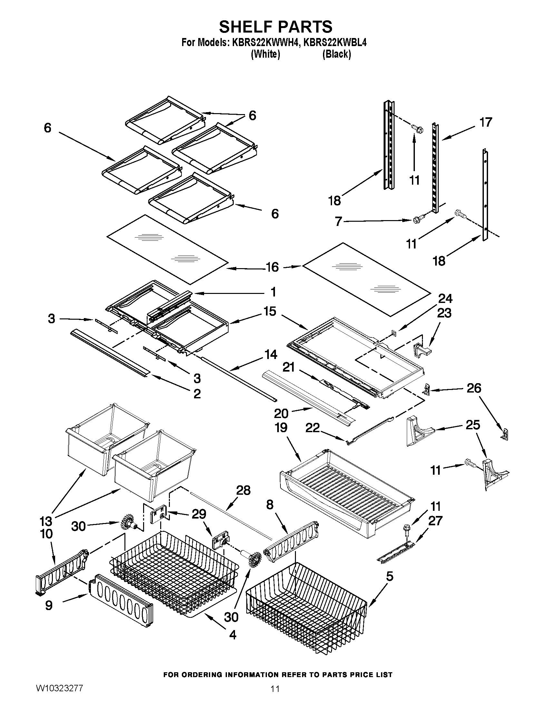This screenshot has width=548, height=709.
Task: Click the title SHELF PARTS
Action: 275,27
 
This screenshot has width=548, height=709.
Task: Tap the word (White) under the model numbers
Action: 265,54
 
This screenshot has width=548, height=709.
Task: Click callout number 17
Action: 486,122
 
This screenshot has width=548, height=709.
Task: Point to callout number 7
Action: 338,222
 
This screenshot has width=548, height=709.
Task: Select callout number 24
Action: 445,298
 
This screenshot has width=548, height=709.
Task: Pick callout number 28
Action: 243,490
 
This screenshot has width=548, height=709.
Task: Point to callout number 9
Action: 49,605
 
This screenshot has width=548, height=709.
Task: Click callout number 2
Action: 197,394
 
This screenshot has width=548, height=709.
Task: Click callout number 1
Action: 273,292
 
